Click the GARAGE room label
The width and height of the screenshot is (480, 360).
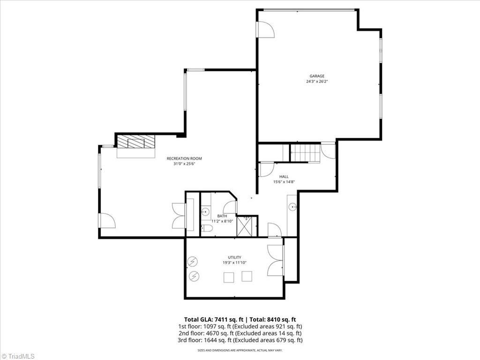pos(317,76)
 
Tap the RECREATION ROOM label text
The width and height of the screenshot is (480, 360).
pos(184,158)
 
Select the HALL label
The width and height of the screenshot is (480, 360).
pos(284,177)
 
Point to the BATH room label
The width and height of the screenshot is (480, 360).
pos(222,216)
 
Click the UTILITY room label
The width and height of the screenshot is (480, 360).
pos(234,257)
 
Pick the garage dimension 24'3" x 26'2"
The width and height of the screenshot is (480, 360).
pos(317,82)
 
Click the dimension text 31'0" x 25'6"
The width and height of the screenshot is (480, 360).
pos(184,164)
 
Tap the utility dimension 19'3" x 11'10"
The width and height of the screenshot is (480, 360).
pos(234,262)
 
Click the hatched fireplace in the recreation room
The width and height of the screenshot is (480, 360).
pos(136,142)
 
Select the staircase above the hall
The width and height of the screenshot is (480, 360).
pos(305,152)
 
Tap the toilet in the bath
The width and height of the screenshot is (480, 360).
pos(207,228)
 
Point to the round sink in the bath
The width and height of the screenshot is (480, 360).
pos(205,211)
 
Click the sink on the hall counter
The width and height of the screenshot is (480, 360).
pos(292,207)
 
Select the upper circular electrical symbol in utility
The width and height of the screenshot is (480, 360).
pos(193,262)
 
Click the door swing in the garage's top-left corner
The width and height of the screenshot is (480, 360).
pos(266,30)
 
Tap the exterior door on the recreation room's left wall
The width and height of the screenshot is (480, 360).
pos(107,220)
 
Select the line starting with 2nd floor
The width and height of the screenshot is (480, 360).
pos(240,333)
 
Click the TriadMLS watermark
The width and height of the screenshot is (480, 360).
pos(17,356)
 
